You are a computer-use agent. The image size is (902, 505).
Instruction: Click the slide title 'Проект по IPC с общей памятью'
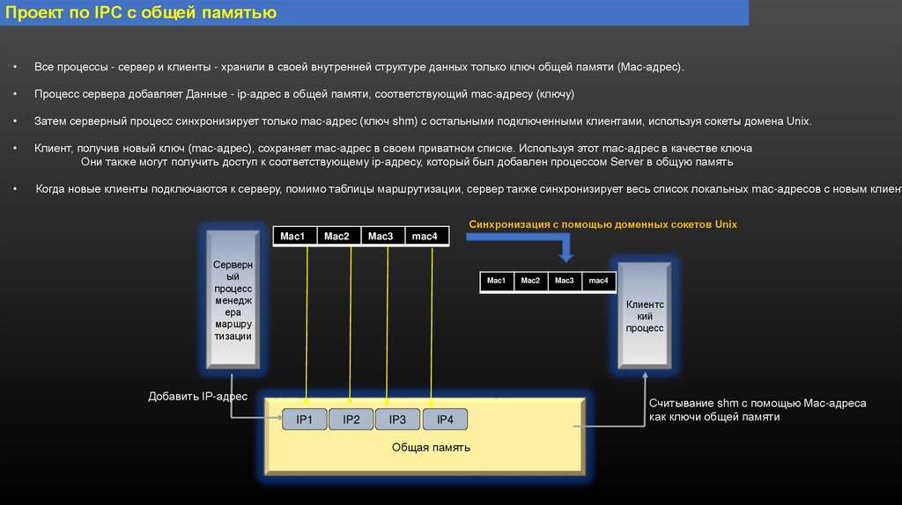(x=141, y=13)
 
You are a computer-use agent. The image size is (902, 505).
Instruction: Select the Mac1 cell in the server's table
(x=292, y=236)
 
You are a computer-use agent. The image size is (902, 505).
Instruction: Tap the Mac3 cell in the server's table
(x=381, y=236)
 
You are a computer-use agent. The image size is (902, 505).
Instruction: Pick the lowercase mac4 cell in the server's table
(x=425, y=236)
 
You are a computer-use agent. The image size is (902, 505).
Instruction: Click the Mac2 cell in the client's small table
(x=530, y=281)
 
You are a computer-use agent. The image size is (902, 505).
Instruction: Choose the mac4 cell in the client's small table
(x=598, y=281)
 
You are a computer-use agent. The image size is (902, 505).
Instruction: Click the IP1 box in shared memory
(x=305, y=420)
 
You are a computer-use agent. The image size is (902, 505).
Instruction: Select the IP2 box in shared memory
(x=351, y=420)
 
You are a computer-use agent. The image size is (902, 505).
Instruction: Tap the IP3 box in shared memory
(x=397, y=420)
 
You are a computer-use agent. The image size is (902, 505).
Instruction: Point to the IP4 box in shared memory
(x=445, y=420)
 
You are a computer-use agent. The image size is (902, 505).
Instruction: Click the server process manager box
(x=233, y=299)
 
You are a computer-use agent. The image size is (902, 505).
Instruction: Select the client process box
(x=645, y=315)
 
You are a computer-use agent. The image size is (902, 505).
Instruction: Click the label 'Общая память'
(x=431, y=448)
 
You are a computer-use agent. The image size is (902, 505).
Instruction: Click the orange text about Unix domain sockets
(x=603, y=224)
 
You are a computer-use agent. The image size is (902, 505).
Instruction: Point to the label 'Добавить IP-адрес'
(x=197, y=397)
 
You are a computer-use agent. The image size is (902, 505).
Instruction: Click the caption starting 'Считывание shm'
(x=758, y=410)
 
